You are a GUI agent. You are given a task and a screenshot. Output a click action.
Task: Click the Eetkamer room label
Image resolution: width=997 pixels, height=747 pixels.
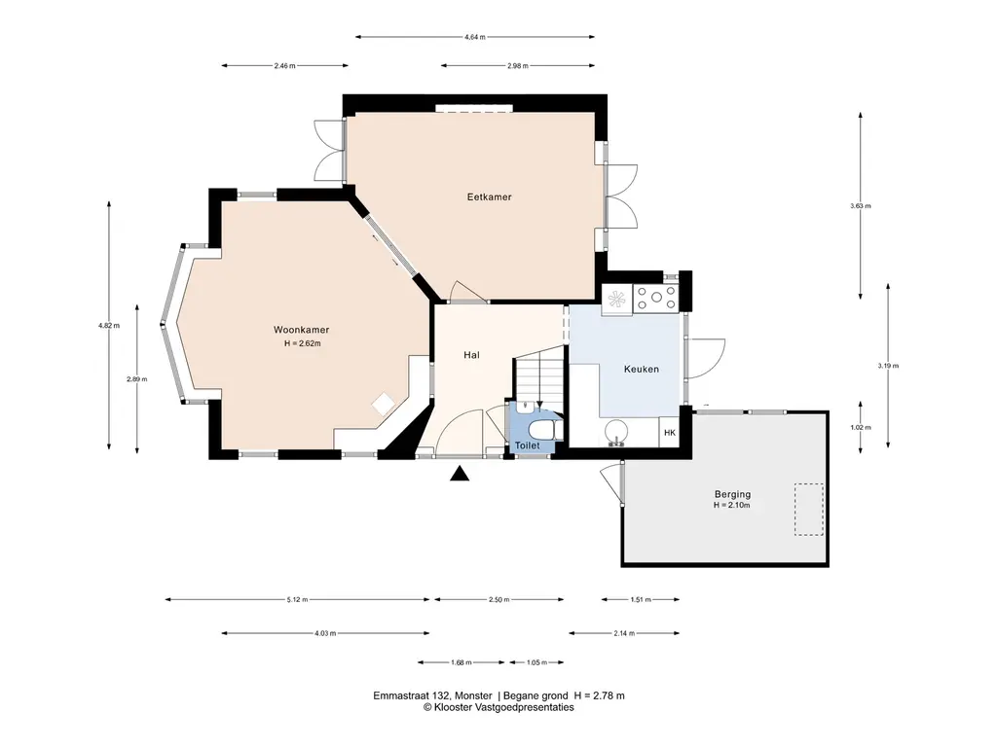[x=488, y=196]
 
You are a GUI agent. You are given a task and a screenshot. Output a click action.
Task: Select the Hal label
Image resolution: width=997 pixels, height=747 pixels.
[x=471, y=355]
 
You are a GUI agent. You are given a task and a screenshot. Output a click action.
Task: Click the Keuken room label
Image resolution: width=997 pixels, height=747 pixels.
[x=642, y=370]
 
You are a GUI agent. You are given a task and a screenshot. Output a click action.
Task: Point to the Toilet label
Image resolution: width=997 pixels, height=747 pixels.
[x=527, y=445]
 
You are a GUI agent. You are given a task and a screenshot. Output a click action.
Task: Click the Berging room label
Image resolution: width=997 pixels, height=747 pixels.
[x=731, y=494]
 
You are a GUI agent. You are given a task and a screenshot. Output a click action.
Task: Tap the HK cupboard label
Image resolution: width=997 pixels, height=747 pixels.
[x=669, y=433]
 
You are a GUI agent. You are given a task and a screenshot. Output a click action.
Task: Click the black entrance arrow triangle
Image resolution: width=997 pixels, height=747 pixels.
[x=460, y=474]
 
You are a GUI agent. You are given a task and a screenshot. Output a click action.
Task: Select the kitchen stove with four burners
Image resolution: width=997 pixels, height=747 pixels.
[x=656, y=300]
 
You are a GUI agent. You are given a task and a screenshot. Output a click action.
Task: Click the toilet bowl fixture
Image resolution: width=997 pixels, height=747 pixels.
[x=540, y=428]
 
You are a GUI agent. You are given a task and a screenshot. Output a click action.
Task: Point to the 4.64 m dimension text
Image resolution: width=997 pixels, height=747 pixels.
[x=475, y=37]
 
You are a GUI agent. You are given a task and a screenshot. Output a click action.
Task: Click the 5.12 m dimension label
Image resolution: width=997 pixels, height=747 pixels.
[x=298, y=599]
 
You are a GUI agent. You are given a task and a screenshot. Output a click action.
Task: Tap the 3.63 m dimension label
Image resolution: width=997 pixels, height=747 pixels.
[x=860, y=206]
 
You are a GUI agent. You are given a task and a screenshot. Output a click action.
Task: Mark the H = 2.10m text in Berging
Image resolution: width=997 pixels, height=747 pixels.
[x=731, y=505]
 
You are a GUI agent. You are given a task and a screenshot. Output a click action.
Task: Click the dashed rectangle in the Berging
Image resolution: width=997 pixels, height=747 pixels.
[x=807, y=509]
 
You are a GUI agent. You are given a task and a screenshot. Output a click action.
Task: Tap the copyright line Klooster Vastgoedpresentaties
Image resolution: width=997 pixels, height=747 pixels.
[x=498, y=708]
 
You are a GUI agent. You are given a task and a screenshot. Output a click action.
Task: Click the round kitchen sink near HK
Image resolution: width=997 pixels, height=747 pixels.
[x=615, y=432]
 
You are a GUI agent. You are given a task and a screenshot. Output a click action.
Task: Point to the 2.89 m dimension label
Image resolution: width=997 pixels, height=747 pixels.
[x=136, y=379]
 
